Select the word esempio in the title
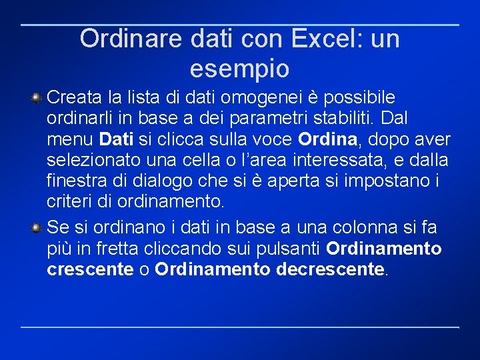[x=239, y=68]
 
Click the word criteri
[x=69, y=201]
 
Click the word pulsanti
[x=290, y=249]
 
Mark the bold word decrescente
[x=329, y=269]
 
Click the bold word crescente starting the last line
[x=90, y=269]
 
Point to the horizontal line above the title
[x=240, y=25]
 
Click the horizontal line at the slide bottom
[x=240, y=327]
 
